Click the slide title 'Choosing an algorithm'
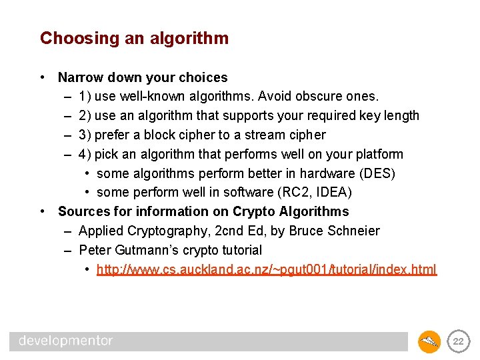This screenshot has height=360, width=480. pos(134,39)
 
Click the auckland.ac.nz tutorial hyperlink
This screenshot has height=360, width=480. pos(267,269)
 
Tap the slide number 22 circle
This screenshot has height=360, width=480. pos(458,341)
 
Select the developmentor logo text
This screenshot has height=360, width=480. pos(65,341)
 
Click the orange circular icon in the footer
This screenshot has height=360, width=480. pos(429,341)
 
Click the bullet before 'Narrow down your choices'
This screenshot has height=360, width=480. pos(42,77)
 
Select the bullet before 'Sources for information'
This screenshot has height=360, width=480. pos(42,211)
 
